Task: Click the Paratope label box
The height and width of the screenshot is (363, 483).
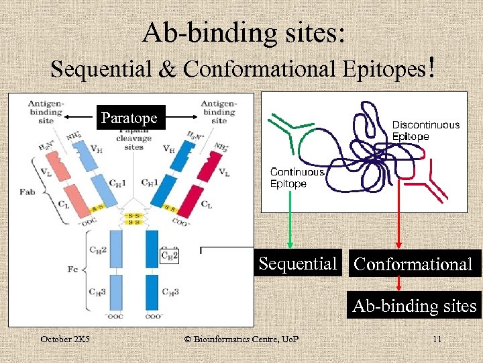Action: tap(129, 118)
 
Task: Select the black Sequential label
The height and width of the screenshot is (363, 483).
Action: tap(298, 264)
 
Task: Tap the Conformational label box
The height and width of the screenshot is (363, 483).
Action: tap(413, 264)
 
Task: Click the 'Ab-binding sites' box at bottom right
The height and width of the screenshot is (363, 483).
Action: tap(415, 307)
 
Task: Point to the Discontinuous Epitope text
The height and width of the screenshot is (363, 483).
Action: tap(425, 130)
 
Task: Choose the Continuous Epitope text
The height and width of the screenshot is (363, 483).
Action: tap(297, 178)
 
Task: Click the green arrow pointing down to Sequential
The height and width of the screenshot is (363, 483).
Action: tap(290, 229)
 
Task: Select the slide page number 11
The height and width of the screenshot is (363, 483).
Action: tap(437, 339)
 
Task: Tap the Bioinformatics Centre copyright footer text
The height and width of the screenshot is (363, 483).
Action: tap(241, 339)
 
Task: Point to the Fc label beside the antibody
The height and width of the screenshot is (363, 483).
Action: tap(73, 270)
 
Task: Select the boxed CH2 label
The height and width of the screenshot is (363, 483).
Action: tap(170, 255)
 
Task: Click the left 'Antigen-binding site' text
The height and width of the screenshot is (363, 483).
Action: tap(46, 112)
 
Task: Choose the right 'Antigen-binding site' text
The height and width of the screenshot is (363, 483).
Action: tap(218, 112)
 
